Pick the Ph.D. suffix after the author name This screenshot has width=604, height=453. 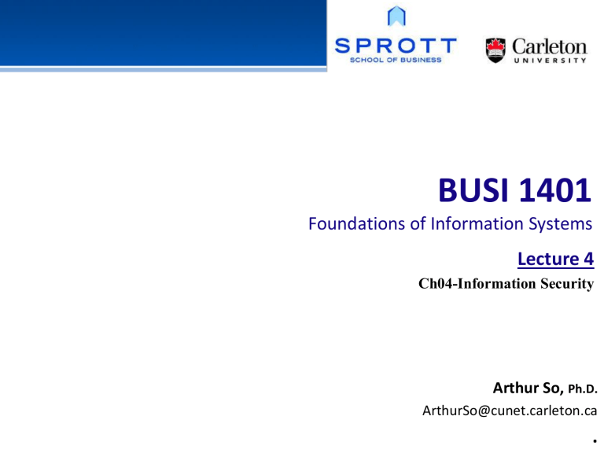click(x=579, y=389)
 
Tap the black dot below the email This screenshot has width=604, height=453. click(x=589, y=439)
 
